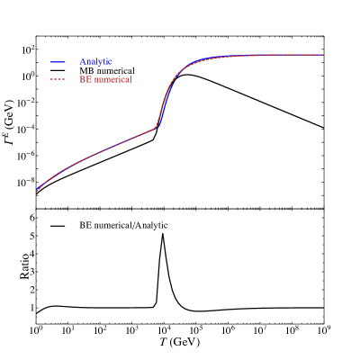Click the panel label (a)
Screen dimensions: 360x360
tap(42, 43)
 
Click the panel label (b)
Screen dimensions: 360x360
tap(42, 216)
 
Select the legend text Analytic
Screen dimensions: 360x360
tap(95, 61)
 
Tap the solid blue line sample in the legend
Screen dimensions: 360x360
tap(59, 61)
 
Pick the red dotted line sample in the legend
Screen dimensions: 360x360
tap(59, 80)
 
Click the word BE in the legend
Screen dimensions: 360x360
tap(85, 80)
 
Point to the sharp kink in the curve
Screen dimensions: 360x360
tap(156, 127)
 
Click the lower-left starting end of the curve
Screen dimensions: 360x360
tap(37, 191)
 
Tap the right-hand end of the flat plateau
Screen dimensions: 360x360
tap(322, 55)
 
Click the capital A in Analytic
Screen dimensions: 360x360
tap(83, 61)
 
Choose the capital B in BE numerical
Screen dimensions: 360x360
tap(82, 80)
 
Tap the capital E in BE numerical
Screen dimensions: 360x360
tap(87, 80)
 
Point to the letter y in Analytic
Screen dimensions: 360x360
tap(100, 62)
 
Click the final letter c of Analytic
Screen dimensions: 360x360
tap(110, 61)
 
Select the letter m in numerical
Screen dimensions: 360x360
tap(106, 80)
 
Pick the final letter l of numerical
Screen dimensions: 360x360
tap(131, 80)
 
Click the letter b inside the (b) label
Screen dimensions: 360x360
tap(42, 216)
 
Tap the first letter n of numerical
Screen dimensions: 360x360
tap(95, 80)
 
